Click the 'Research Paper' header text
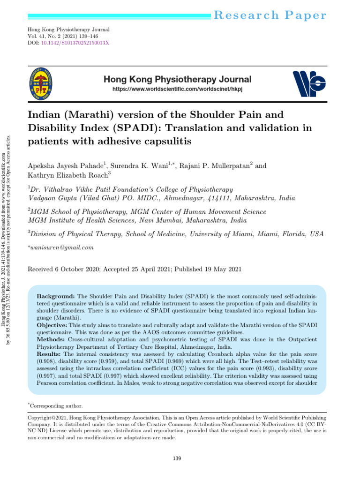pyautogui.click(x=270, y=15)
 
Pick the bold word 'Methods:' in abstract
pyautogui.click(x=51, y=338)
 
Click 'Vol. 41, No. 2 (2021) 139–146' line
pyautogui.click(x=69, y=36)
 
